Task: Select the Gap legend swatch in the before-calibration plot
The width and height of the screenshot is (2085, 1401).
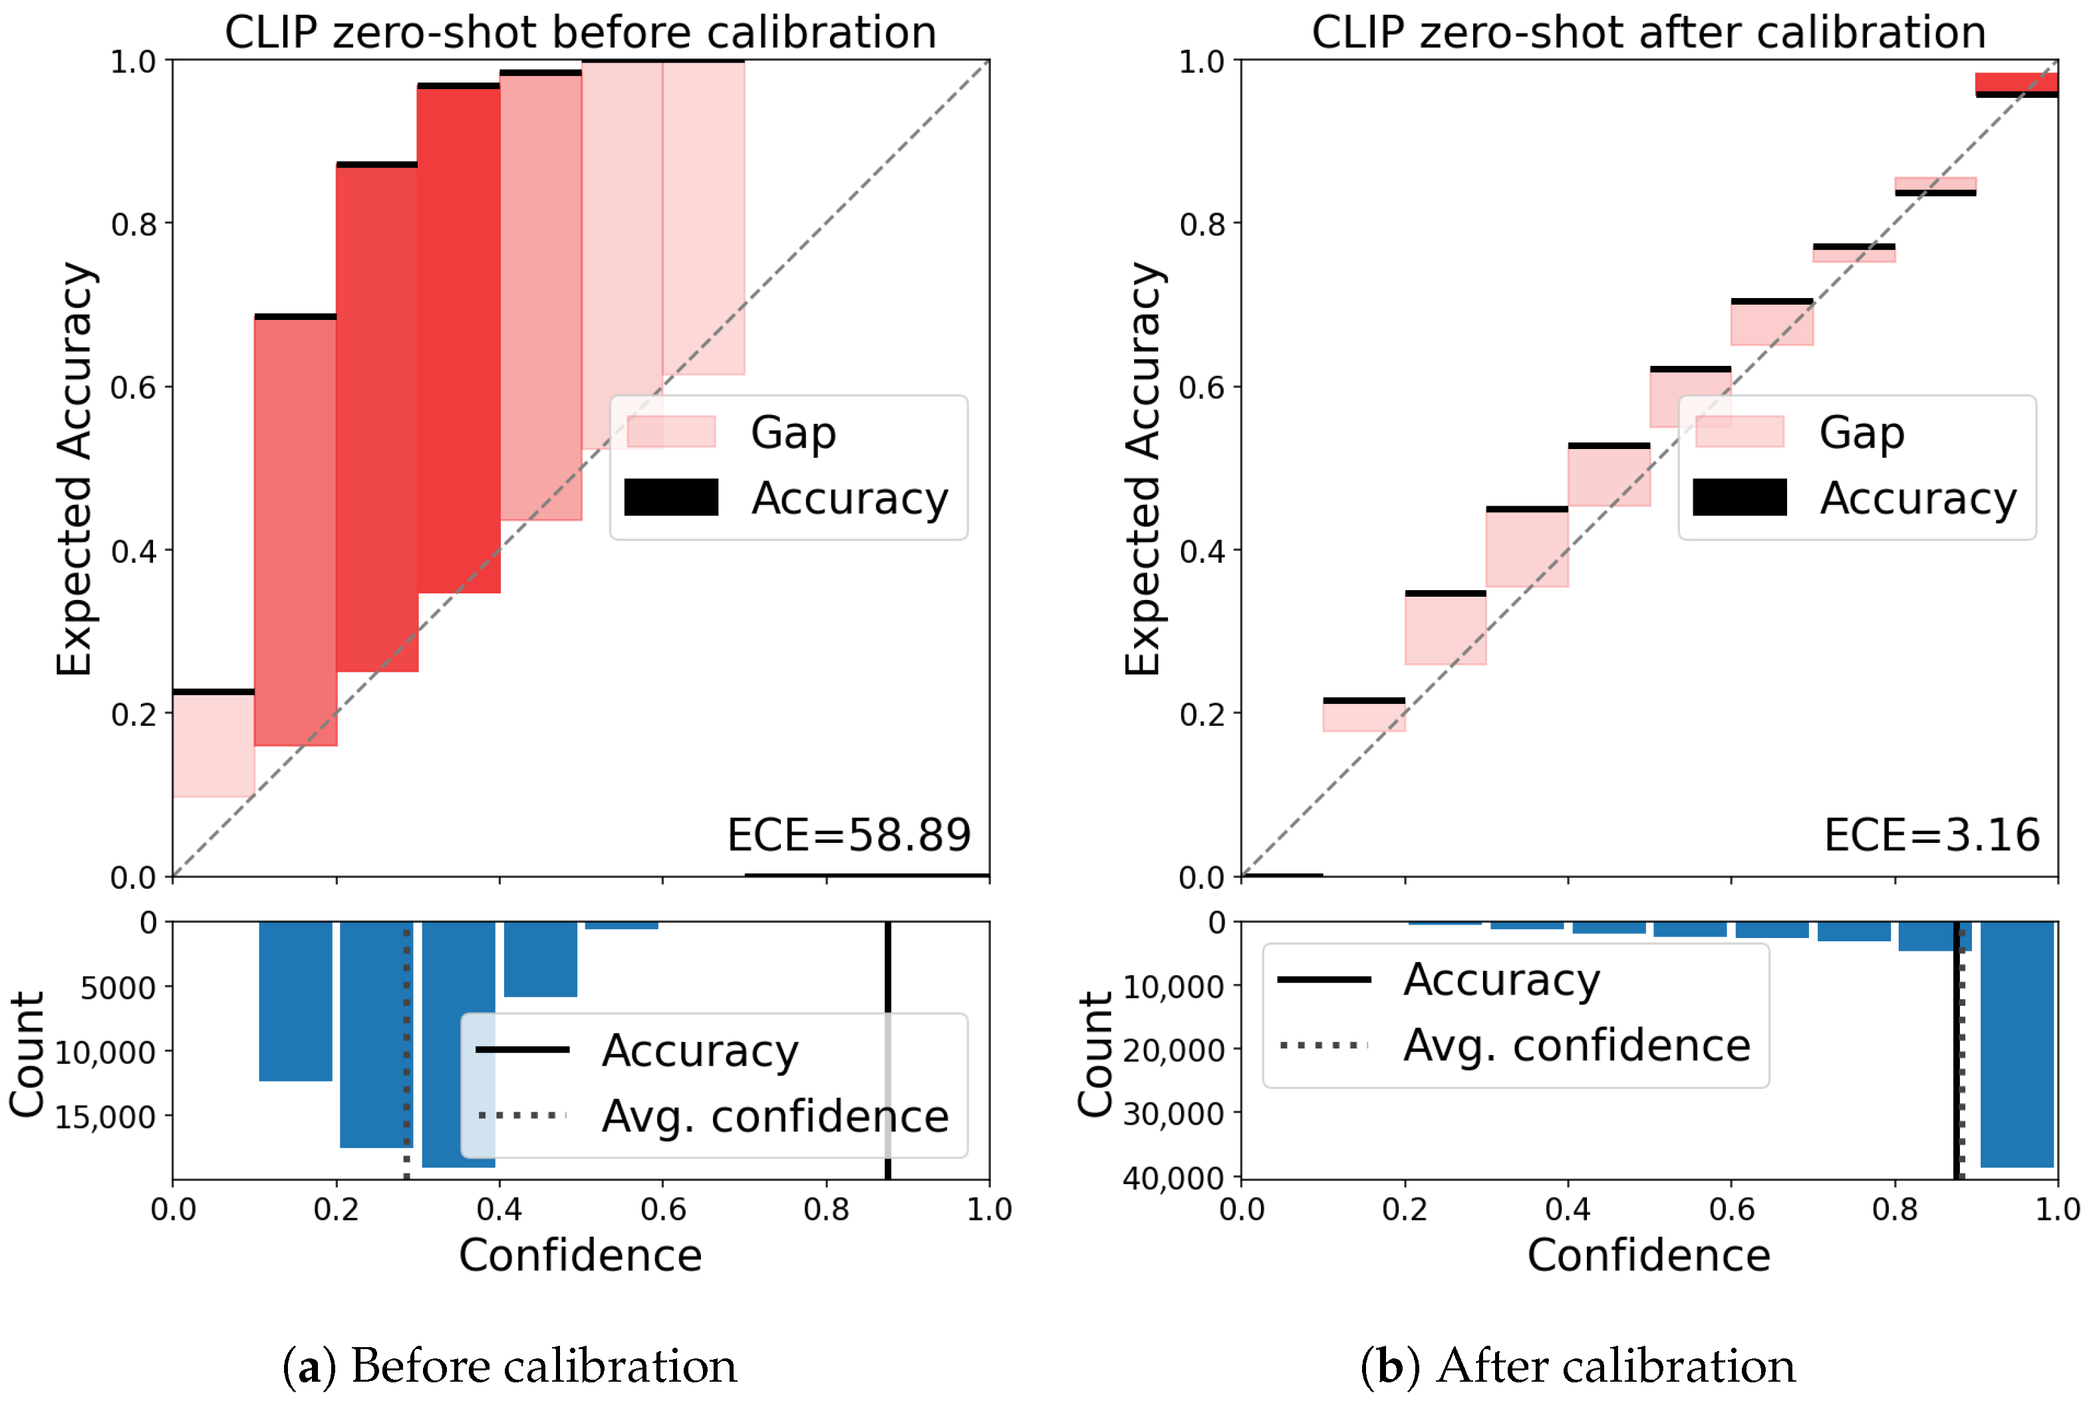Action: pyautogui.click(x=671, y=432)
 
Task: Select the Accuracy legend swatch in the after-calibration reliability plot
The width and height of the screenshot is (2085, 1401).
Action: pyautogui.click(x=1738, y=497)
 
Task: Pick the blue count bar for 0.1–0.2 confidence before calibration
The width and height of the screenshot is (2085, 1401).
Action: pyautogui.click(x=296, y=1001)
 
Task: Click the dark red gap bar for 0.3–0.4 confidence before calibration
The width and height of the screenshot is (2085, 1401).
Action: pyautogui.click(x=458, y=339)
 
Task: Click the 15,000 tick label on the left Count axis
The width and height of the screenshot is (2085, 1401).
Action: pyautogui.click(x=104, y=1117)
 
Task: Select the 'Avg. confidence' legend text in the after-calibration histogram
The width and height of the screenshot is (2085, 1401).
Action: pyautogui.click(x=1577, y=1045)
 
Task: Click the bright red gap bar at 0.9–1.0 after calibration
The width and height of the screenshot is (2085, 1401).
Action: pyautogui.click(x=2016, y=82)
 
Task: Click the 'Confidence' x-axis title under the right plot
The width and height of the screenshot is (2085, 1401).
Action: pyautogui.click(x=1648, y=1255)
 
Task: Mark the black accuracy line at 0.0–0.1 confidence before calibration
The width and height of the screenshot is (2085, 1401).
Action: pyautogui.click(x=213, y=692)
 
